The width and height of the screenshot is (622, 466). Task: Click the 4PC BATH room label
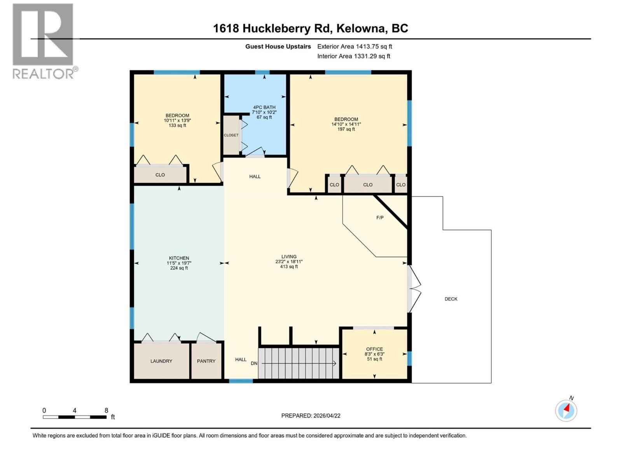[264, 108]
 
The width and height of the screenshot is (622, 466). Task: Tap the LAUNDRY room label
[161, 361]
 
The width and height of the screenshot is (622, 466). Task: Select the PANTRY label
[206, 361]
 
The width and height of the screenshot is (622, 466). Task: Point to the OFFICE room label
[374, 349]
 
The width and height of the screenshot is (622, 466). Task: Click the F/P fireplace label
[380, 217]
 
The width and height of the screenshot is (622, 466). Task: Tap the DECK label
[451, 299]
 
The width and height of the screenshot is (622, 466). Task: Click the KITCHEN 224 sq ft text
[179, 268]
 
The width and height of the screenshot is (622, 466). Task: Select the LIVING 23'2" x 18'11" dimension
[289, 262]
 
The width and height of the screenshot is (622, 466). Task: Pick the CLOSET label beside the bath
[231, 135]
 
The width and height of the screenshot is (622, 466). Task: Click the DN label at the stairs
[254, 363]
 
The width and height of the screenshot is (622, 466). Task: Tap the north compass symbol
[566, 410]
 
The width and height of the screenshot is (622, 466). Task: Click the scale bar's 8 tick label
[106, 410]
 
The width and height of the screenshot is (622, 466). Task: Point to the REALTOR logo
[43, 41]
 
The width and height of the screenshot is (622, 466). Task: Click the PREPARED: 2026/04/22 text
[311, 416]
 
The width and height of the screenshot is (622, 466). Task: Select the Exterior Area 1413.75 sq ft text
[355, 47]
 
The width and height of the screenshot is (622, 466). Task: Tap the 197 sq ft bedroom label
[346, 129]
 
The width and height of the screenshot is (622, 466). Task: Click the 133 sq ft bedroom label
[177, 125]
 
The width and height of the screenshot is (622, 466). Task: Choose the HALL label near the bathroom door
[255, 177]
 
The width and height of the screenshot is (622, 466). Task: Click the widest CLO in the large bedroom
[368, 185]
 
